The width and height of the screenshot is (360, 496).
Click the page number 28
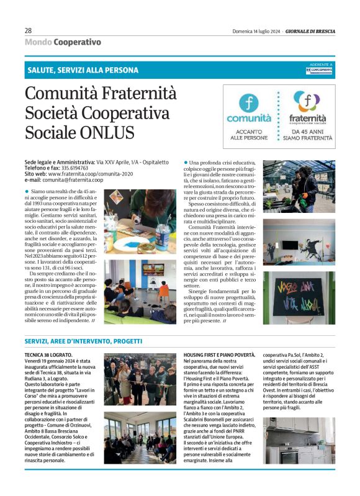point(28,30)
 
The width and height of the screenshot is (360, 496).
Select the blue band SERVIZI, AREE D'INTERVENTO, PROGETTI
point(84,342)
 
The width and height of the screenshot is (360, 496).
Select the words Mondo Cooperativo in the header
point(63,42)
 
